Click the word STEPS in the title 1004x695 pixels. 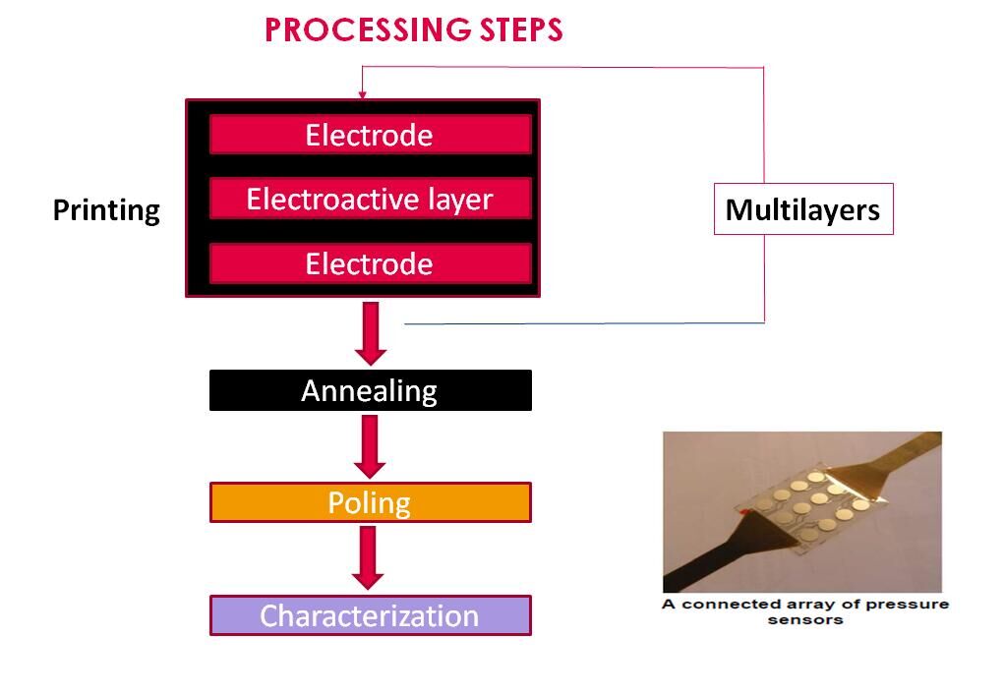pyautogui.click(x=519, y=30)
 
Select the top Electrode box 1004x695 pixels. pyautogui.click(x=370, y=135)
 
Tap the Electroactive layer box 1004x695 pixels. pyautogui.click(x=370, y=200)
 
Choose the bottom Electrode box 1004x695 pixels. pyautogui.click(x=370, y=263)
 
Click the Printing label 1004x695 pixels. pyautogui.click(x=106, y=210)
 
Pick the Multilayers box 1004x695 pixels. pyautogui.click(x=802, y=209)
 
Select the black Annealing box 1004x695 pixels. pyautogui.click(x=370, y=390)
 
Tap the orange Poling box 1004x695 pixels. pyautogui.click(x=370, y=502)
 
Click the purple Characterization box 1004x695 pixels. pyautogui.click(x=370, y=615)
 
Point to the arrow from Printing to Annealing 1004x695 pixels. pyautogui.click(x=371, y=332)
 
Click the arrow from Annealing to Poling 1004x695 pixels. pyautogui.click(x=371, y=445)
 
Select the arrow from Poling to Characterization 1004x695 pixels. pyautogui.click(x=371, y=557)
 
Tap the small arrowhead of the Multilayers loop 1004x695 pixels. pyautogui.click(x=362, y=94)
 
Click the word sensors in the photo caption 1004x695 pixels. pyautogui.click(x=805, y=619)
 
